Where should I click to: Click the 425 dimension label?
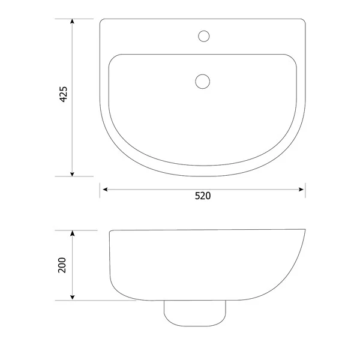[x=64, y=97]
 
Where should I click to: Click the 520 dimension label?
[x=202, y=196]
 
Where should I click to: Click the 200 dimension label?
[x=62, y=265]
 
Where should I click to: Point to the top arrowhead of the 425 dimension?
[x=73, y=22]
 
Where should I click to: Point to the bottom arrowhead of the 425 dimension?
[x=73, y=173]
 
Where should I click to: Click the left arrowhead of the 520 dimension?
[x=104, y=190]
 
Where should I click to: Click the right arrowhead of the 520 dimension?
[x=302, y=190]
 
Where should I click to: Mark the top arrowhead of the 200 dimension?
[x=73, y=233]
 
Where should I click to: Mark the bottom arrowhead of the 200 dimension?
[x=73, y=297]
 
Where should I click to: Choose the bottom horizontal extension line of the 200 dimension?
[x=90, y=300]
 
